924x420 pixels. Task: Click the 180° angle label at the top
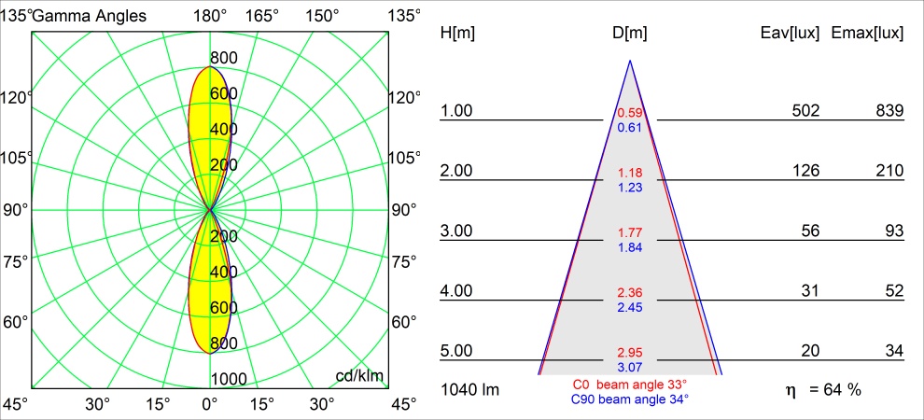[210, 15]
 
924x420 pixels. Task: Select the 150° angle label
[322, 15]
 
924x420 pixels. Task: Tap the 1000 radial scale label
[229, 379]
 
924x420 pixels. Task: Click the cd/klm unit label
[359, 376]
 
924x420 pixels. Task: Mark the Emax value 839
[889, 111]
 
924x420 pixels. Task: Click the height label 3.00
[457, 231]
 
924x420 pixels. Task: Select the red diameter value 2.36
[630, 293]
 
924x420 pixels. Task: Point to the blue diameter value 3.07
[630, 368]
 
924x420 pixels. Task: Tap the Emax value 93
[894, 231]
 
